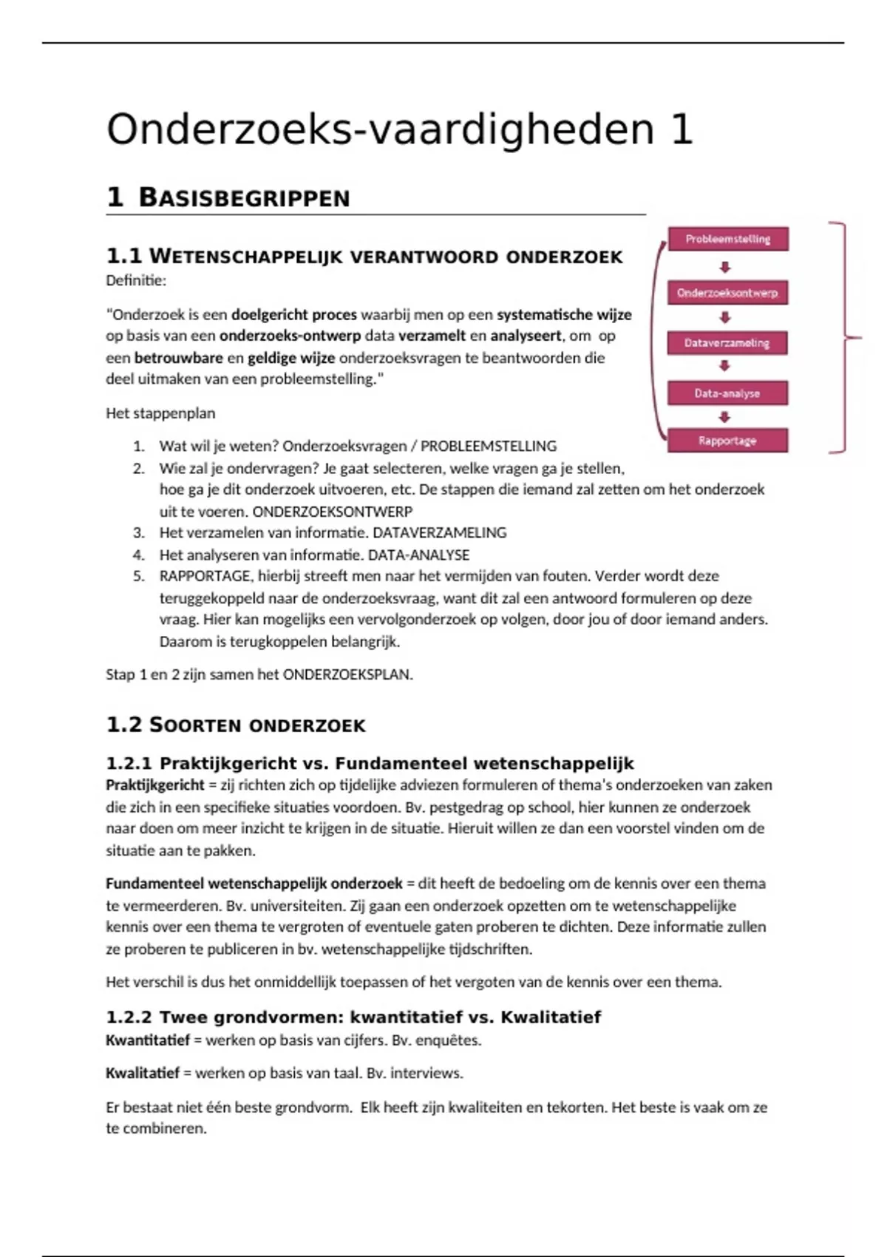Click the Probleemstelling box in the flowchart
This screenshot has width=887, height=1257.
tap(728, 239)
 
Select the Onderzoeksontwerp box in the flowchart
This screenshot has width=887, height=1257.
tap(728, 293)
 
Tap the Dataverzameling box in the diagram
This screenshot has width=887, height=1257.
tap(728, 343)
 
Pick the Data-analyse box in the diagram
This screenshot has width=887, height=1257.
tap(728, 393)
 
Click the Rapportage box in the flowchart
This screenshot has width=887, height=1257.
tap(728, 441)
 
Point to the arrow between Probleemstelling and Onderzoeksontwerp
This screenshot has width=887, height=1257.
tap(725, 267)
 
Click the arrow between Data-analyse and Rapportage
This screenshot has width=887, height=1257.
tap(725, 417)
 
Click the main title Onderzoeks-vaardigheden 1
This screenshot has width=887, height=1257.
tap(399, 129)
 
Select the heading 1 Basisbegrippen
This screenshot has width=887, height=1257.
tap(228, 197)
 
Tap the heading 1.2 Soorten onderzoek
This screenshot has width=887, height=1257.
tap(236, 725)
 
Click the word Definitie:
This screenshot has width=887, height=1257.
tap(136, 280)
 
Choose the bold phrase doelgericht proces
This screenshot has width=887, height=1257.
tap(293, 314)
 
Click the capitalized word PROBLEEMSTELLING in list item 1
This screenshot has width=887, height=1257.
tap(488, 446)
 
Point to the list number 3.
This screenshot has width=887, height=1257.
tap(139, 532)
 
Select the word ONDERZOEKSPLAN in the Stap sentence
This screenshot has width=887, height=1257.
tap(347, 674)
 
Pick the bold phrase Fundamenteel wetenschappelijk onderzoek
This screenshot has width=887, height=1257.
tap(254, 884)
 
